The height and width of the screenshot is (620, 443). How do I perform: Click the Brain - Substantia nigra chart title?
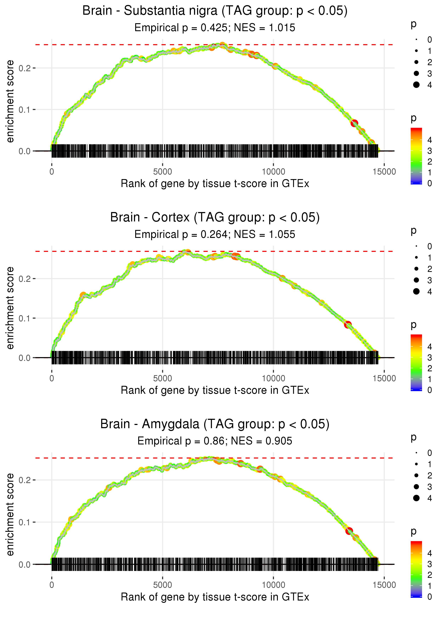[215, 11]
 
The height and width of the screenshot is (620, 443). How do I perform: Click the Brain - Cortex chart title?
[215, 218]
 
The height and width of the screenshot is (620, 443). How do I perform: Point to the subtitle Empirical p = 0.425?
[181, 28]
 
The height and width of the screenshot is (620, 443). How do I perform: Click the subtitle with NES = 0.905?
[261, 441]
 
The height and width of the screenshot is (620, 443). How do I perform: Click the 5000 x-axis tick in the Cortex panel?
[162, 378]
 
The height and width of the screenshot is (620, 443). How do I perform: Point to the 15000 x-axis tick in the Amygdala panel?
[384, 585]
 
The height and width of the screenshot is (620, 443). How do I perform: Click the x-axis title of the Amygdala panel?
[215, 597]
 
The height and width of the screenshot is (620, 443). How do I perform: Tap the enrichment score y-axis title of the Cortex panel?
[10, 308]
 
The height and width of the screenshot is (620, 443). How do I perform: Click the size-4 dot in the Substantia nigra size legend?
[416, 85]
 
